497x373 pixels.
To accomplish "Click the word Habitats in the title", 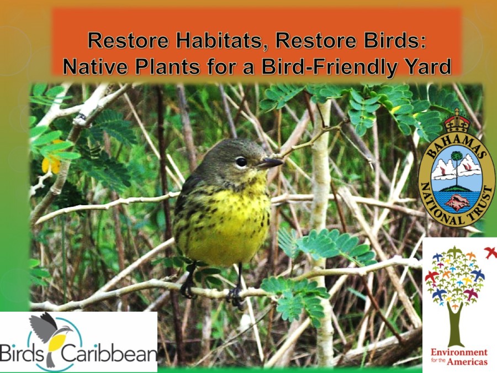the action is point(221,40).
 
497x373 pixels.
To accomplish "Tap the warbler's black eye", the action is point(241,162).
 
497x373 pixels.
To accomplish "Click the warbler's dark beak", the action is point(269,163).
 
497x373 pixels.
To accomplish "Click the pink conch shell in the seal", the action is point(455,203).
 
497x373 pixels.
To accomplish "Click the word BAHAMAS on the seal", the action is point(457,144).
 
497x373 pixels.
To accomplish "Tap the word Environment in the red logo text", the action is point(459,352).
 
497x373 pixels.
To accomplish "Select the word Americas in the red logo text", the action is point(467,361).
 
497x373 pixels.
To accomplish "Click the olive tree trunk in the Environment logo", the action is point(455,323).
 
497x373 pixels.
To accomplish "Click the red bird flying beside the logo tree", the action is point(491,252).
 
